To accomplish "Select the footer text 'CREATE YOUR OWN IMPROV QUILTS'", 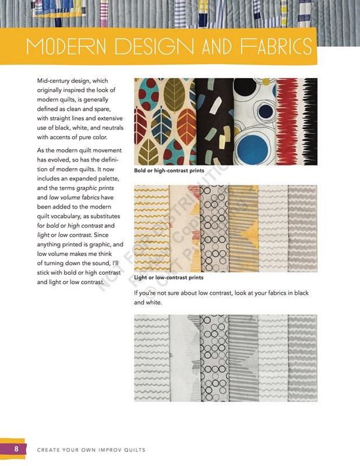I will tap(91, 450).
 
